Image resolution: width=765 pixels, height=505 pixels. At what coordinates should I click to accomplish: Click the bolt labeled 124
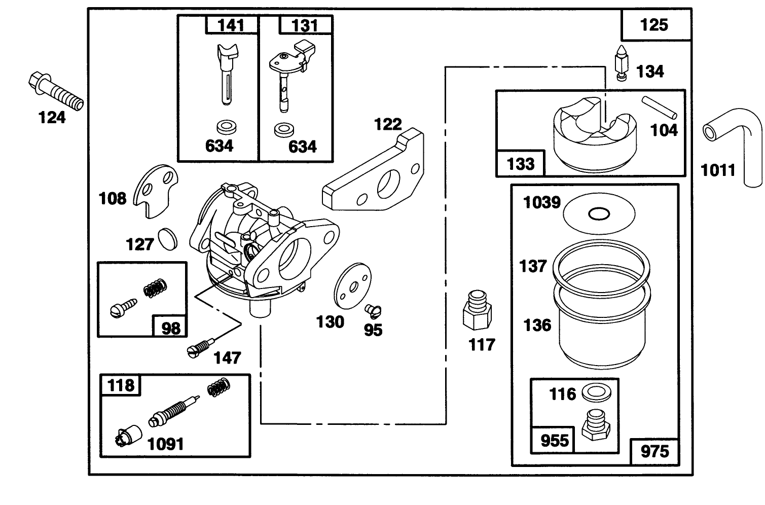[55, 91]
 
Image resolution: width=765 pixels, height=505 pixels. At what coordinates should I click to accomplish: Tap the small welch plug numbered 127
[167, 239]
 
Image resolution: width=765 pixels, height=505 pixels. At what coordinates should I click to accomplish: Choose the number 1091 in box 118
[165, 444]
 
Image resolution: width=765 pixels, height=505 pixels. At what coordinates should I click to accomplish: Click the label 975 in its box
[654, 451]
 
